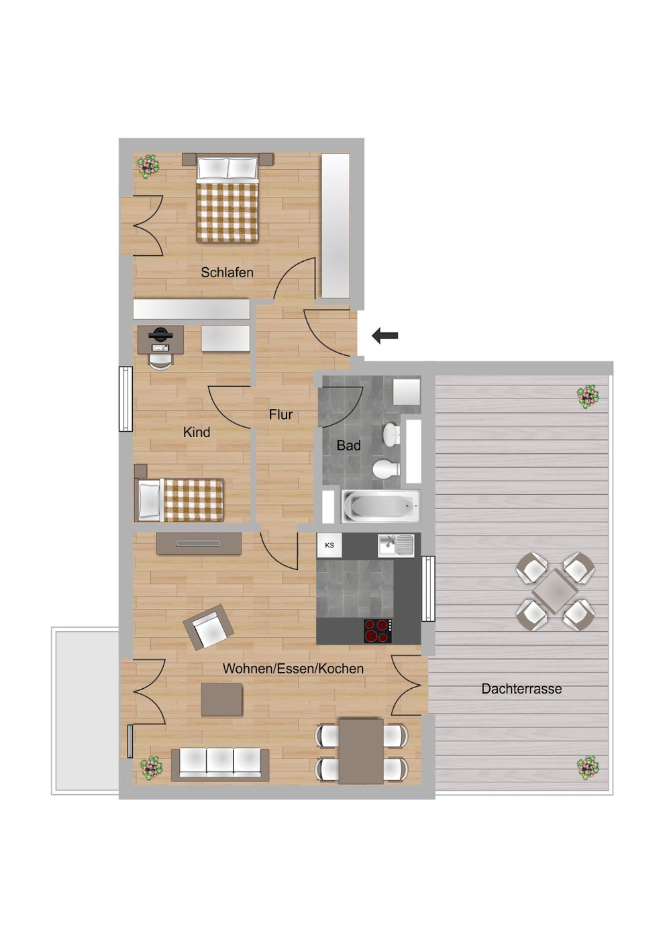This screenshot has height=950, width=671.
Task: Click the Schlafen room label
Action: (x=227, y=273)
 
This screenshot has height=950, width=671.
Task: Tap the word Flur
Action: (x=280, y=414)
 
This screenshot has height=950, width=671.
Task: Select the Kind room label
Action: (x=196, y=432)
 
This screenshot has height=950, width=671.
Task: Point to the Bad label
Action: (x=348, y=445)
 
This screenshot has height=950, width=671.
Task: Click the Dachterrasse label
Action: (x=521, y=688)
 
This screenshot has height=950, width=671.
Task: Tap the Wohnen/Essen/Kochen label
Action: (x=293, y=669)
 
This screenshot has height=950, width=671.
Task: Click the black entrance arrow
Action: (x=385, y=336)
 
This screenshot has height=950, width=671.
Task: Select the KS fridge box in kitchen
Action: (x=329, y=545)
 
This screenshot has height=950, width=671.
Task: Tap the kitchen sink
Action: (x=396, y=545)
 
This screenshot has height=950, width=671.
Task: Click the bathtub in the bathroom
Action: (x=380, y=506)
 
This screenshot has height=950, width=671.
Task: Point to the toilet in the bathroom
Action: (x=386, y=469)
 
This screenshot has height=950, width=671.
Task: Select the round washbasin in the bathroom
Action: (x=393, y=434)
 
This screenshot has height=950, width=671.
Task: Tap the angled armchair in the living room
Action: (x=208, y=627)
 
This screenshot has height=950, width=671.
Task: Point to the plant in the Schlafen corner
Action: (x=148, y=166)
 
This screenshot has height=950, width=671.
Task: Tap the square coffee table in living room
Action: (x=221, y=700)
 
